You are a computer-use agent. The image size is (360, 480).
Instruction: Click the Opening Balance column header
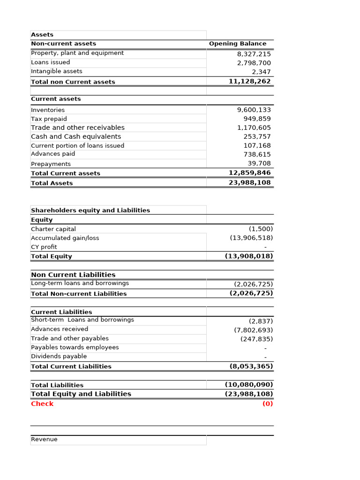coord(237,44)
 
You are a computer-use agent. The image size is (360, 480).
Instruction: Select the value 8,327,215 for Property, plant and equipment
coord(254,54)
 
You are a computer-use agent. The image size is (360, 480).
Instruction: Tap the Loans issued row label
coord(50,62)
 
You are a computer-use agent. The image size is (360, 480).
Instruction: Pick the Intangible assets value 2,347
coord(261,72)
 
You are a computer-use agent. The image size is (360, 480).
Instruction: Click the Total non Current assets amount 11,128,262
coord(249,81)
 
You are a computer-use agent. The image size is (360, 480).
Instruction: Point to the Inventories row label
coord(48,110)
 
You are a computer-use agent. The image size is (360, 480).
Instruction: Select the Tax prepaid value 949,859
coord(257,119)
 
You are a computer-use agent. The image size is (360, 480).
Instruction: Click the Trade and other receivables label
coord(77,127)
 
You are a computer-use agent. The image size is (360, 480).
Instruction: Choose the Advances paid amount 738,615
coord(257,154)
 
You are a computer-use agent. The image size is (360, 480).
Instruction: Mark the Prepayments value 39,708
coord(259,164)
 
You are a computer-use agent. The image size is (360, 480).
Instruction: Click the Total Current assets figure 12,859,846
coord(249,172)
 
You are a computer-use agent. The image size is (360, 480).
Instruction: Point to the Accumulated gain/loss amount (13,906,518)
coord(251,238)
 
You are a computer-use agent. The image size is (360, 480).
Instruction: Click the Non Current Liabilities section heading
coord(73,275)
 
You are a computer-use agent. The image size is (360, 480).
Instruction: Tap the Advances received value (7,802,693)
coord(253,330)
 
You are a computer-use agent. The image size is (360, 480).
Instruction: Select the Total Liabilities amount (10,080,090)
coord(248,384)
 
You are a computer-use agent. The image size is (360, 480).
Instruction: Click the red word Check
coord(42,404)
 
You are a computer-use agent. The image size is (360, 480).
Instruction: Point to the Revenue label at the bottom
coord(44,439)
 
